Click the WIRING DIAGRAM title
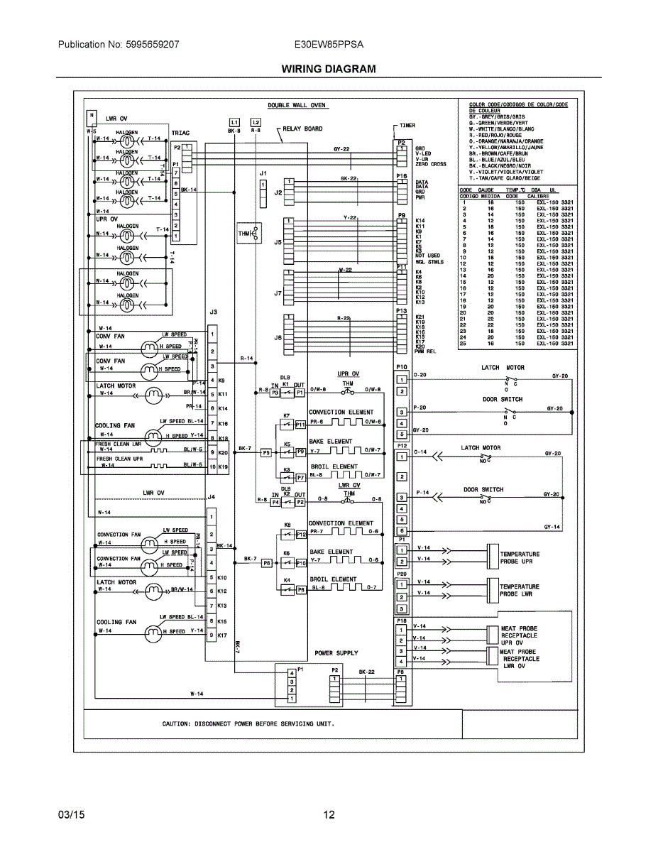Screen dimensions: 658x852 pyautogui.click(x=328, y=69)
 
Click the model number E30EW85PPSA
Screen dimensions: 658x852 pyautogui.click(x=329, y=44)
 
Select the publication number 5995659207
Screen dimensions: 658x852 pyautogui.click(x=149, y=44)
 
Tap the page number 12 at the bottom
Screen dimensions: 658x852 pyautogui.click(x=329, y=815)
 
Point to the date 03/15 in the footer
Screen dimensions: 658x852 pyautogui.click(x=71, y=815)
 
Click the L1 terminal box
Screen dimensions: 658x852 pyautogui.click(x=234, y=121)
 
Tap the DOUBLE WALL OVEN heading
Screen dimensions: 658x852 pyautogui.click(x=297, y=105)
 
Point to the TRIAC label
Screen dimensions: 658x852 pyautogui.click(x=180, y=133)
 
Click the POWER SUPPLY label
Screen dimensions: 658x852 pyautogui.click(x=336, y=652)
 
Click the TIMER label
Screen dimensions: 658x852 pyautogui.click(x=407, y=125)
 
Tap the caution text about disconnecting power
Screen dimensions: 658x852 pyautogui.click(x=248, y=723)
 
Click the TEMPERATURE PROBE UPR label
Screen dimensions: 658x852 pyautogui.click(x=520, y=557)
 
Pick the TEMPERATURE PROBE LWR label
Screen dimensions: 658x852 pyautogui.click(x=520, y=590)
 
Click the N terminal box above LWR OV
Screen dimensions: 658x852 pyautogui.click(x=91, y=114)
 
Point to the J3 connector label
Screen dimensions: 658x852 pyautogui.click(x=212, y=312)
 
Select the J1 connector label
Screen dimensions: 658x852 pyautogui.click(x=263, y=173)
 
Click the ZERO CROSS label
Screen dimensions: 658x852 pyautogui.click(x=431, y=164)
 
